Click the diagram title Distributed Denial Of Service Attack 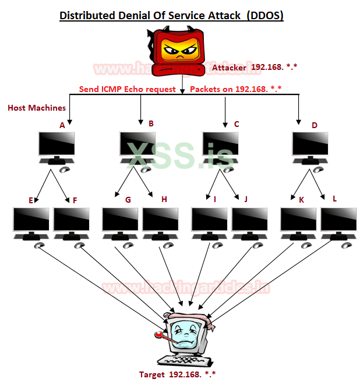click(171, 15)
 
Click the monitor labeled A click(57, 144)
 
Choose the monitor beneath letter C click(220, 144)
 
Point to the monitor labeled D click(309, 144)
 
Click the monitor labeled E click(31, 221)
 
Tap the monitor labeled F click(71, 221)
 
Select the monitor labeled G click(120, 221)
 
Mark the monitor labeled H click(160, 221)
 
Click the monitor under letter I click(210, 221)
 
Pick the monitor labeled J click(249, 221)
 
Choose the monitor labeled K click(298, 221)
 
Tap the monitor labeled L click(338, 221)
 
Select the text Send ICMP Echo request click(128, 90)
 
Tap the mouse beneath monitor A click(64, 169)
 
